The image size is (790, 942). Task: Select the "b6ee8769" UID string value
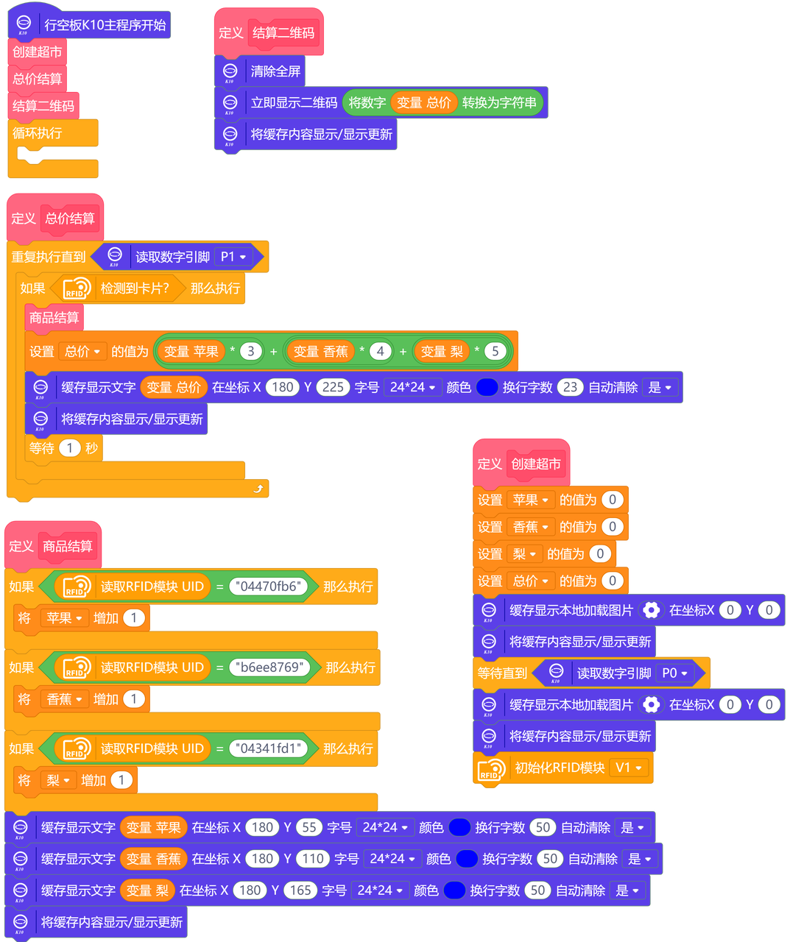pos(270,667)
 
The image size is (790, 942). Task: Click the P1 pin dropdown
pos(233,257)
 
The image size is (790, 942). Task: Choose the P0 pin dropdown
pos(674,673)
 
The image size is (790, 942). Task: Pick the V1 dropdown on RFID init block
pos(629,768)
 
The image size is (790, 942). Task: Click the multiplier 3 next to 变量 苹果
pos(250,351)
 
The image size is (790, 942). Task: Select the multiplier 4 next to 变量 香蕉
pos(380,351)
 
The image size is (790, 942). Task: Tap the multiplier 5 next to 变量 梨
pos(495,351)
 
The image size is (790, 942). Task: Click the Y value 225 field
pos(333,387)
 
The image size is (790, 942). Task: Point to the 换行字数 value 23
pos(570,387)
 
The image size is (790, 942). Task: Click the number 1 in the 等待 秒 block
pos(69,448)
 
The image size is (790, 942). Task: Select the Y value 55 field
pos(309,827)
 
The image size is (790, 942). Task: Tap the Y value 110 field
pos(313,859)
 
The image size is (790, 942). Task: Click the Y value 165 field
pos(300,890)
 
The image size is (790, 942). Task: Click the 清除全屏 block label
pos(275,71)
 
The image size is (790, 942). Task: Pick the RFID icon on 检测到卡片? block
pos(77,288)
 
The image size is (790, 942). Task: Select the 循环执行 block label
pos(38,133)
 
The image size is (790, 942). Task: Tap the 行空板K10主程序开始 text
pos(105,25)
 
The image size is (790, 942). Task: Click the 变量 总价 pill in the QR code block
pos(423,103)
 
